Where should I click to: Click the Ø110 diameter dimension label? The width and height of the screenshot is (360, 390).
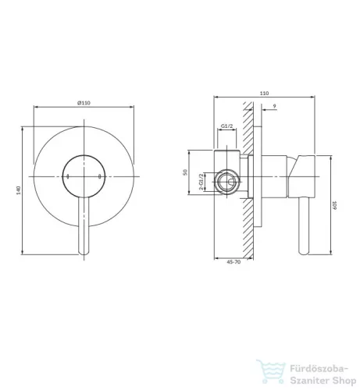click(x=84, y=103)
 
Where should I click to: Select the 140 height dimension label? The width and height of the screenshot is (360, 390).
click(x=18, y=190)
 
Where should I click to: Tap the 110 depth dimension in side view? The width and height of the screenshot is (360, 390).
click(x=264, y=94)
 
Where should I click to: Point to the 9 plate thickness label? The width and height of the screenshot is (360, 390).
click(x=274, y=106)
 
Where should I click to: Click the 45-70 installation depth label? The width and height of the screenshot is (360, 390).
click(x=233, y=262)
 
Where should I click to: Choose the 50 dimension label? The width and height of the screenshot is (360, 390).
click(x=185, y=172)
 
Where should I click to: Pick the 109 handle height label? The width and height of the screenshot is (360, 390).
click(x=335, y=205)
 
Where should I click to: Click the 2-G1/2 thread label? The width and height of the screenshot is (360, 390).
click(x=201, y=182)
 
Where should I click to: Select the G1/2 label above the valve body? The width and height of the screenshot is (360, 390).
click(x=226, y=126)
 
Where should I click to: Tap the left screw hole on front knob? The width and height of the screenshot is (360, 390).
click(x=68, y=177)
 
